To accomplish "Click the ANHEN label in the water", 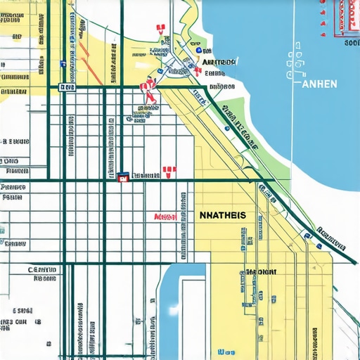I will (319, 84).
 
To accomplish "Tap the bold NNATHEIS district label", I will (223, 216).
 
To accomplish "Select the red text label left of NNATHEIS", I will (165, 217).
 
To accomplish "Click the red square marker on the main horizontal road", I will (123, 178).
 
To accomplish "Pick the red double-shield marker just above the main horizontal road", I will (168, 170).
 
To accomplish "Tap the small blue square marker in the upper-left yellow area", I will (63, 64).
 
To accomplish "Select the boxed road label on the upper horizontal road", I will (67, 87).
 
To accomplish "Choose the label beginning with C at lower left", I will (41, 269).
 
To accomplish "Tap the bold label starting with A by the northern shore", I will (218, 63).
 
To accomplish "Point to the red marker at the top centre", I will (161, 28).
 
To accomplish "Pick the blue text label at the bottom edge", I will (226, 352).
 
